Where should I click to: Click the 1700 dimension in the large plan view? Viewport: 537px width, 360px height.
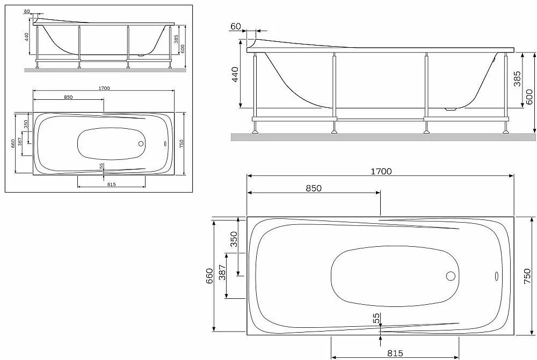[381, 171]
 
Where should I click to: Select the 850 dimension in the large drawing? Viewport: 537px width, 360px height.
[314, 188]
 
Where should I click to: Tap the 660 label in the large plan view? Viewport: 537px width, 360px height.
[209, 275]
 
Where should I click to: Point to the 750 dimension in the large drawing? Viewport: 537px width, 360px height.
[527, 275]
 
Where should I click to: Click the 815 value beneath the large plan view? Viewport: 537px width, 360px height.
[395, 353]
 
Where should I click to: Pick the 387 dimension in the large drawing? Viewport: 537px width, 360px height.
[223, 273]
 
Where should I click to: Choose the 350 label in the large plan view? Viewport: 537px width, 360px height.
[233, 239]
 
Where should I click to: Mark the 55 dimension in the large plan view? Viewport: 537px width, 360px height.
[376, 318]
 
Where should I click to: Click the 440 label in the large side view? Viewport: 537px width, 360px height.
[235, 75]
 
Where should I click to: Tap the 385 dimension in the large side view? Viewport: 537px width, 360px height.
[517, 78]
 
